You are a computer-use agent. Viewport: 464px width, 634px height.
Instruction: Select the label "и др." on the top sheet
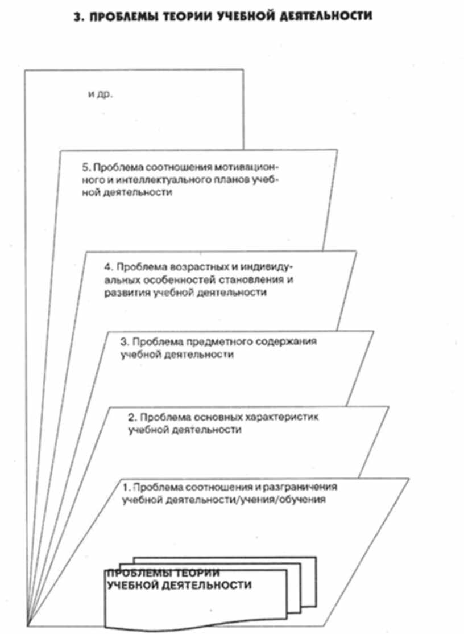[x=100, y=94]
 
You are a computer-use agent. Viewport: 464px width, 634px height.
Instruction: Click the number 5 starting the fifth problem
[x=85, y=168]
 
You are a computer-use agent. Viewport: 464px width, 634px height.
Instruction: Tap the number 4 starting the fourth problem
[x=108, y=267]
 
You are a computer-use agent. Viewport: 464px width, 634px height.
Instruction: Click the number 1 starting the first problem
[x=126, y=488]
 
